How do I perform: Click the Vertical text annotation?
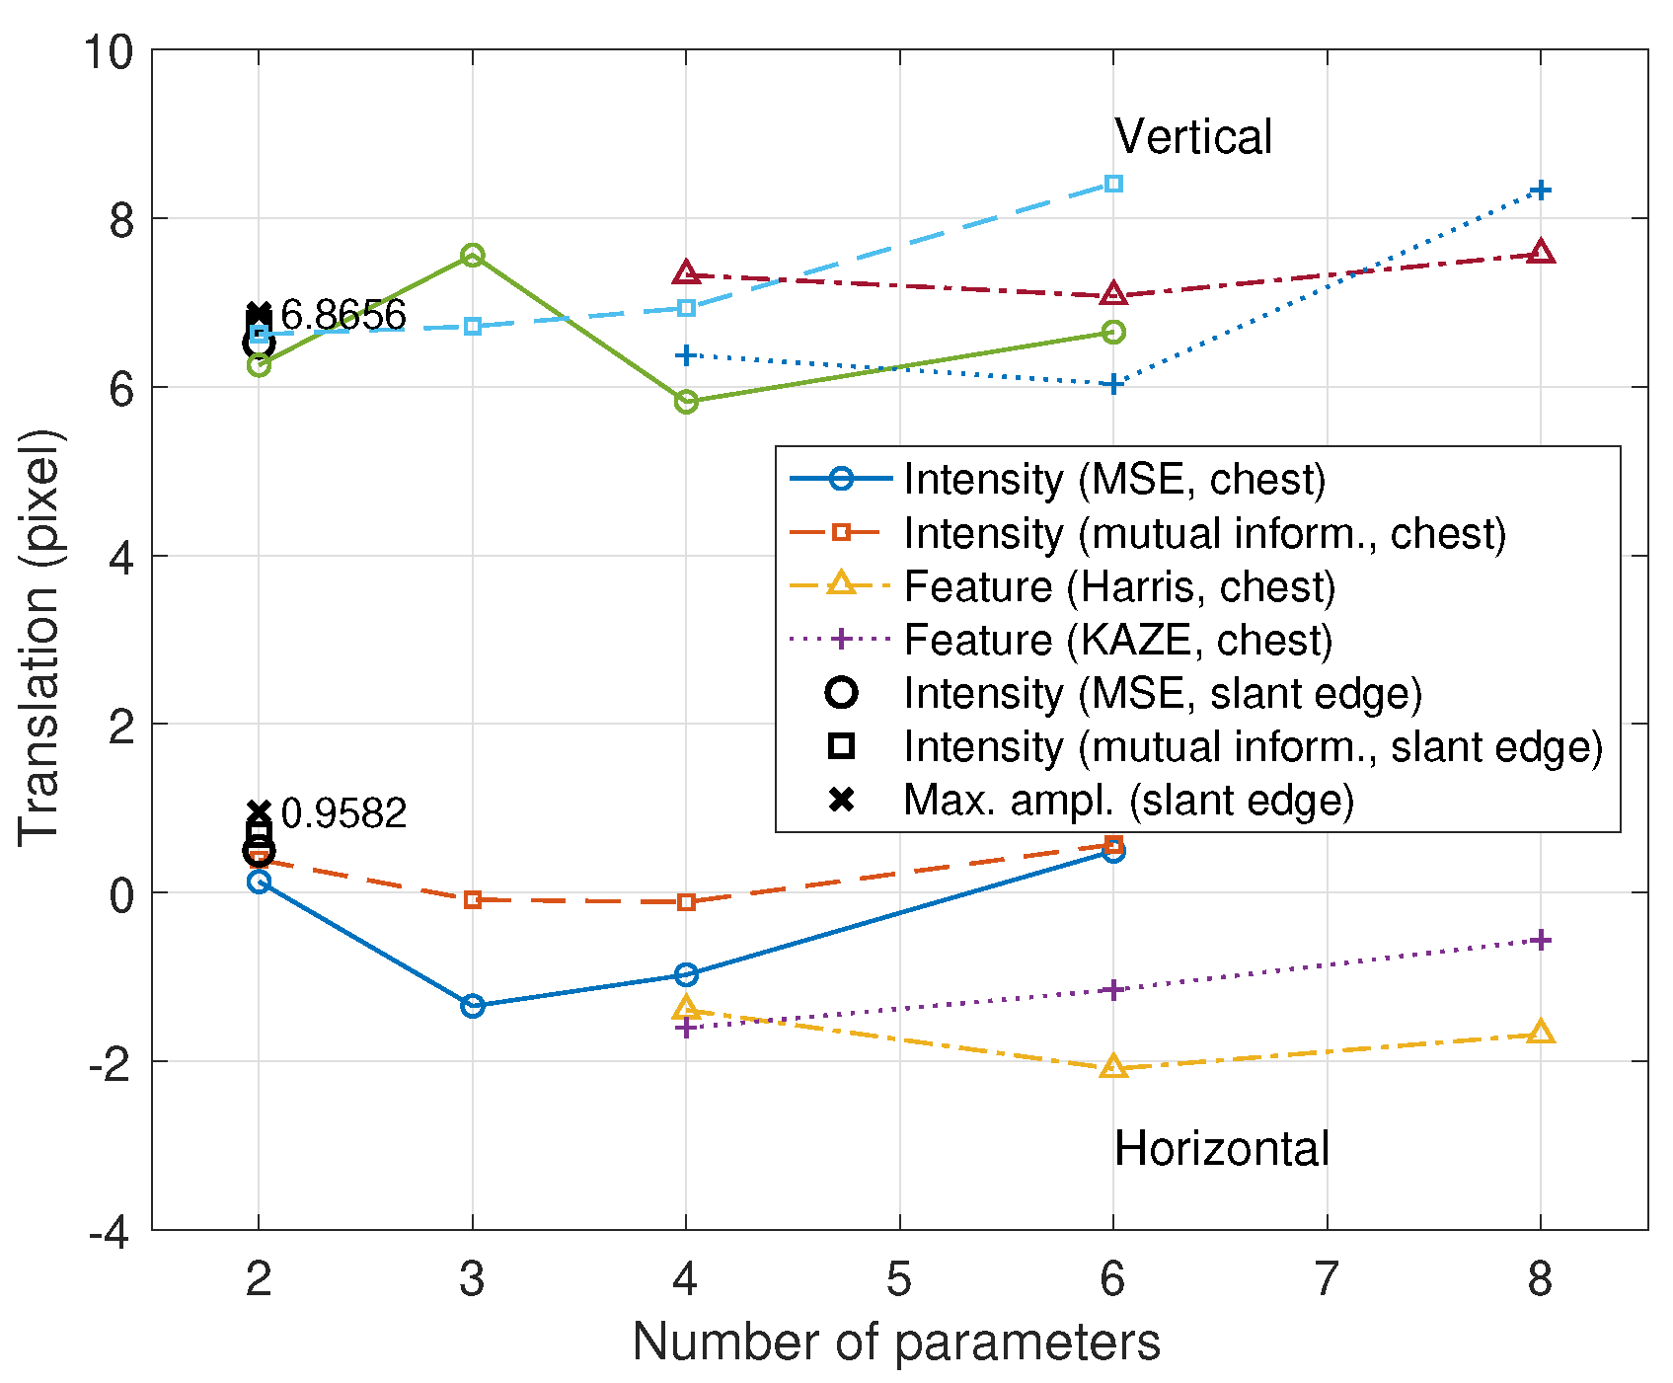pos(1192,137)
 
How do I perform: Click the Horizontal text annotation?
pos(1221,1149)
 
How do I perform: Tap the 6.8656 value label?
pos(342,316)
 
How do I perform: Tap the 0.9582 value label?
pos(343,814)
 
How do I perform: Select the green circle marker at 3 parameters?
pos(472,256)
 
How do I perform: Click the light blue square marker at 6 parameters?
pos(1113,184)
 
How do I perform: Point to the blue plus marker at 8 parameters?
pos(1540,190)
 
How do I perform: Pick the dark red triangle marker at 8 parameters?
pos(1540,253)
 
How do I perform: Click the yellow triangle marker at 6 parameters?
pos(1113,1066)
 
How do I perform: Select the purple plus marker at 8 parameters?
pos(1540,940)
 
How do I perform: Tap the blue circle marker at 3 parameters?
pos(472,1006)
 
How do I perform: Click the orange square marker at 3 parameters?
pos(472,899)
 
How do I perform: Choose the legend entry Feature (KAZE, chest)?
pos(1117,640)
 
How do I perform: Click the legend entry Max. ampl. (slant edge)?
pos(1127,800)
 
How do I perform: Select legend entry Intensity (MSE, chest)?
pos(1113,479)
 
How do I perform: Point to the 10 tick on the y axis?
pos(108,51)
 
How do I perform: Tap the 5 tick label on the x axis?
pos(898,1280)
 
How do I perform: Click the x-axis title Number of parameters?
pos(896,1343)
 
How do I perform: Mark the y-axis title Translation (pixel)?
pos(39,638)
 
